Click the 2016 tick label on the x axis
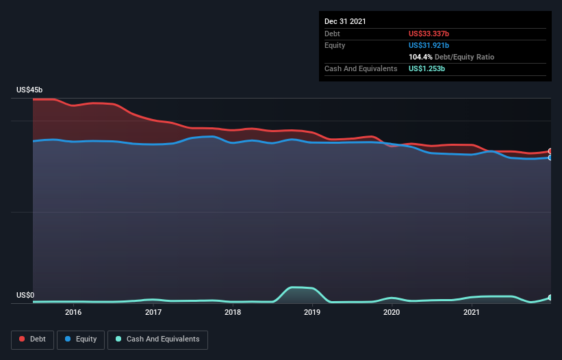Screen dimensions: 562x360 73,312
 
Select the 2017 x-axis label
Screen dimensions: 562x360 153,312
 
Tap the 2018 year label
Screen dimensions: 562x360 233,312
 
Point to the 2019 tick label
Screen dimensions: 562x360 312,312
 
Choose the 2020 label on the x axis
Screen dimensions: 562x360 392,312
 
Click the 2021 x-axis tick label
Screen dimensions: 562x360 472,312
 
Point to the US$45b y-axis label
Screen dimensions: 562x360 29,90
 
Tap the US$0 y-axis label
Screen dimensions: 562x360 25,295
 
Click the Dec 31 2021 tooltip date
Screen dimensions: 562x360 345,21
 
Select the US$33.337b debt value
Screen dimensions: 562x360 429,34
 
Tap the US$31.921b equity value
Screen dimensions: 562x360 429,45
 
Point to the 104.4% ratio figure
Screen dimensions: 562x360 420,57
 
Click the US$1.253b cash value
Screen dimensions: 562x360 426,68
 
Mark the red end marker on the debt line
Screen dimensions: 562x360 550,151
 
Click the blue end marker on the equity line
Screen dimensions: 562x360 550,157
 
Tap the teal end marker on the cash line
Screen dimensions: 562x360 550,297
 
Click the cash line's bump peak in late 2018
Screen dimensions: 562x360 293,287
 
